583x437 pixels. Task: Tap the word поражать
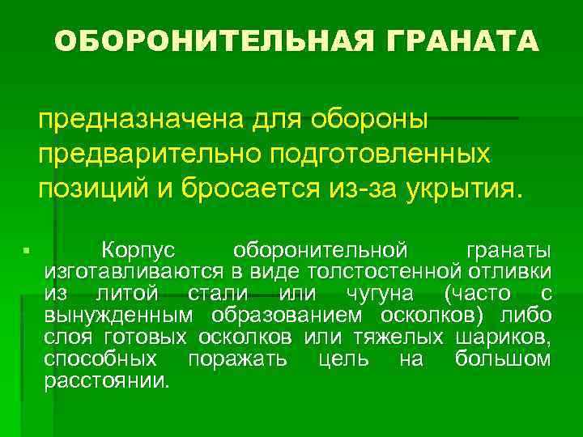pyautogui.click(x=236, y=359)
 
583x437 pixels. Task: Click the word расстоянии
pyautogui.click(x=108, y=380)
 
